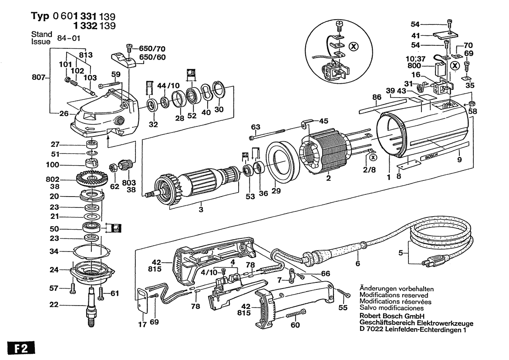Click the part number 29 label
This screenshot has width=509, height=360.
pos(276,191)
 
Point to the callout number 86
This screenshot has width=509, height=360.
pos(377,97)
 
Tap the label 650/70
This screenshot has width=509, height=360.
pos(152,49)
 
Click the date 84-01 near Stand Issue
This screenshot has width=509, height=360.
pos(68,38)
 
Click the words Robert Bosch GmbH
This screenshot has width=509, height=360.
pos(392,316)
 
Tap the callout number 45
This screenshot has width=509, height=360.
pos(324,121)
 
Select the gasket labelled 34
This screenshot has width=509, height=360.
pos(91,251)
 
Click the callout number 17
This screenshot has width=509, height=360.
pos(142,324)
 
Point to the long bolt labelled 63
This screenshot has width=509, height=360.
pos(267,135)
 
